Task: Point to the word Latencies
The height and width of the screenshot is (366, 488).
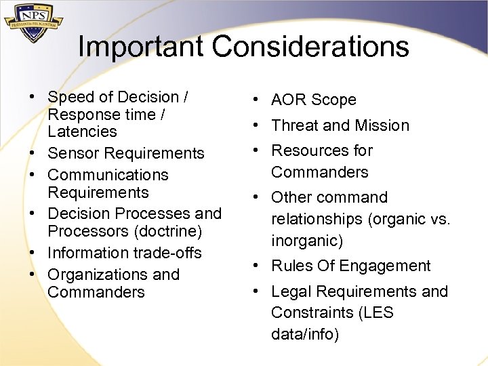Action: pyautogui.click(x=82, y=132)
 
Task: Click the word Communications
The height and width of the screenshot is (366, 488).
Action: pyautogui.click(x=108, y=175)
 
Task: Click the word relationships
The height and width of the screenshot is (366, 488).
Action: pyautogui.click(x=317, y=219)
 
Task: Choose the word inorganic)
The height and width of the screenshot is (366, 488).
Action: pyautogui.click(x=307, y=241)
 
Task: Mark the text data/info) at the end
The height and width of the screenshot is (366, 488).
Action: pyautogui.click(x=305, y=334)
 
